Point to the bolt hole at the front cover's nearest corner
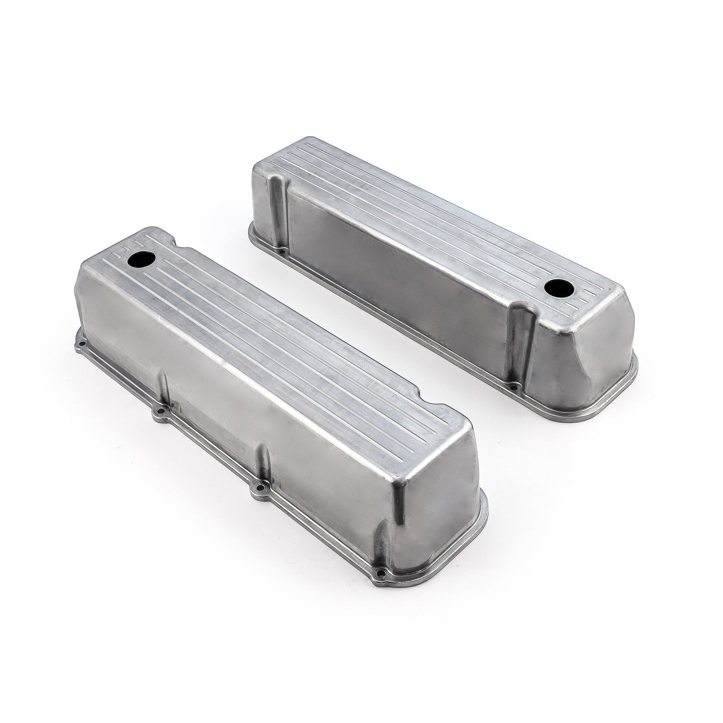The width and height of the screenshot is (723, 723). (x=382, y=582)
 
